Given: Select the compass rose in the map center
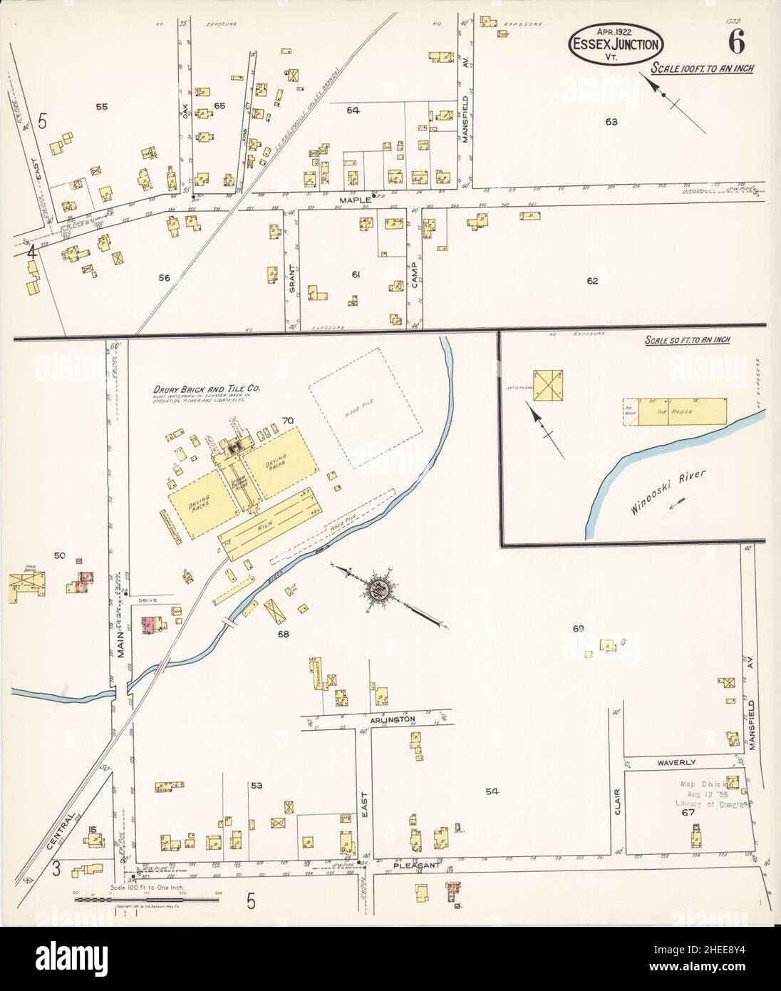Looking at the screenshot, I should pos(376,589).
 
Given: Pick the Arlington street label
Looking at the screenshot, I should pos(392,719).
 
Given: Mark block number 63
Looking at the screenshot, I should pos(611,122).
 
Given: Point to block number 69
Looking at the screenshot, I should pos(578,628).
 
